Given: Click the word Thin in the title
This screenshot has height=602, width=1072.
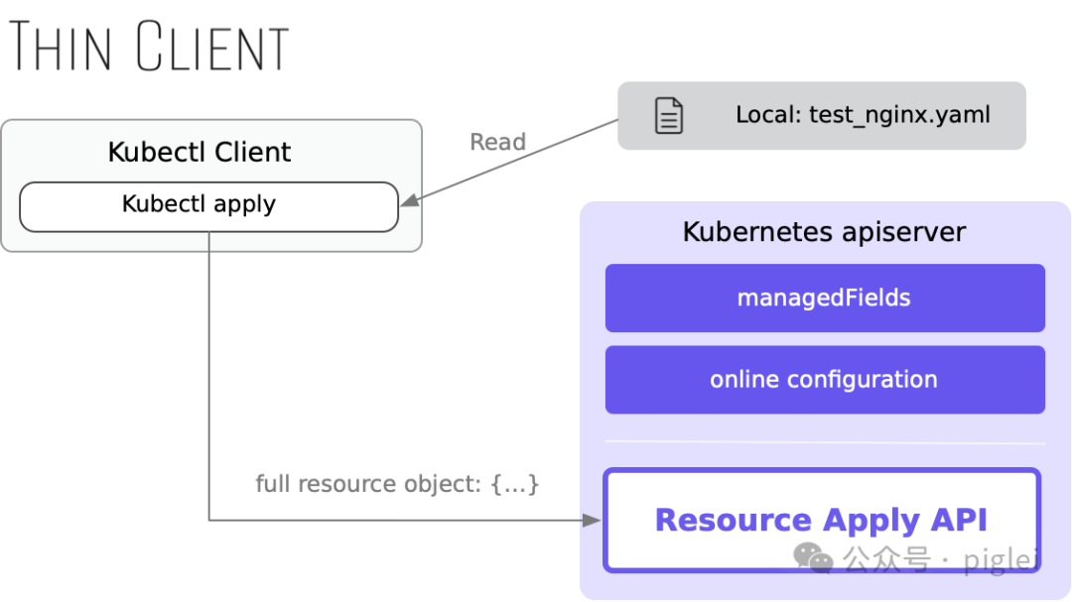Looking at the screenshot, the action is tap(60, 46).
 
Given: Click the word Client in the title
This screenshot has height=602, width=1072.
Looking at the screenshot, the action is tap(212, 46).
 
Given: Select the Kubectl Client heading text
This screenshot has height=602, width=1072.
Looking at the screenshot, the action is tap(199, 152).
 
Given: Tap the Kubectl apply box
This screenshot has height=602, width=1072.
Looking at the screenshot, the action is tap(208, 206).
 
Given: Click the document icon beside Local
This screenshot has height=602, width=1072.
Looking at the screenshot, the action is tap(669, 115).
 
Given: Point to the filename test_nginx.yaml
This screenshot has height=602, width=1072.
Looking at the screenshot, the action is tap(899, 115).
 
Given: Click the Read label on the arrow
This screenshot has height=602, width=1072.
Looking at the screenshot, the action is tap(497, 142).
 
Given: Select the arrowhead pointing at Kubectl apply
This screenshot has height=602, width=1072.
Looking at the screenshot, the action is tap(410, 200).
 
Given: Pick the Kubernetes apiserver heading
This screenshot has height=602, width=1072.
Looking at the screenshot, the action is tap(824, 232).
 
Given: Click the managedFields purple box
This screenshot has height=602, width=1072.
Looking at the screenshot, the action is tap(825, 298).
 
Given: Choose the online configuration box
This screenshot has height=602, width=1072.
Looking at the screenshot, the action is tap(825, 379).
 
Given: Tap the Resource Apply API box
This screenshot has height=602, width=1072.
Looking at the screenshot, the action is tap(822, 520).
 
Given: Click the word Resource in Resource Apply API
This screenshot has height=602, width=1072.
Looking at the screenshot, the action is tap(733, 520).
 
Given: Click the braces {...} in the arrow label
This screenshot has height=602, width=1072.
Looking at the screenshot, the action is tap(515, 484).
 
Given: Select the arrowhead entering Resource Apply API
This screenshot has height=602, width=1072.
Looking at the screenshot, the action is tap(592, 521).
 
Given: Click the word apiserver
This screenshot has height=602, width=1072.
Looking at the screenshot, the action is tap(904, 232).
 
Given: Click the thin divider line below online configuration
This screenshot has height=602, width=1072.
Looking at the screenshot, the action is tap(825, 442).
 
